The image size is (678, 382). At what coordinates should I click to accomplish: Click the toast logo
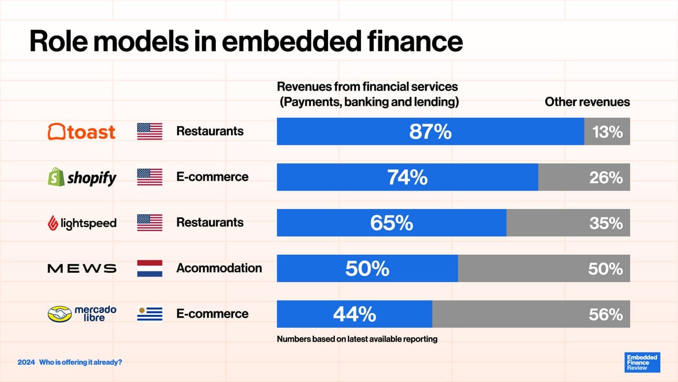(x=81, y=131)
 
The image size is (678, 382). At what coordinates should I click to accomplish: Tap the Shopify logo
(x=81, y=178)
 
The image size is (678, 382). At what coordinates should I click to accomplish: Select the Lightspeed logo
(x=81, y=223)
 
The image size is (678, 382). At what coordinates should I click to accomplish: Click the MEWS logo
(x=81, y=269)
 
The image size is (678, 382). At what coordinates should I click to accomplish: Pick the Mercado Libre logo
(x=81, y=314)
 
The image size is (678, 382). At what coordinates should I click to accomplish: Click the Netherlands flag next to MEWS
(x=150, y=269)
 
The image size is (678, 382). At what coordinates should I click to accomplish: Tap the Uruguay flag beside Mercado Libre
(x=150, y=314)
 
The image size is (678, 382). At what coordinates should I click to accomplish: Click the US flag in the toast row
(x=150, y=131)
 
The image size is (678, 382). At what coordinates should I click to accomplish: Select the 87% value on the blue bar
(x=430, y=132)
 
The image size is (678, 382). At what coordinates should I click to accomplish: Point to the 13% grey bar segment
(x=607, y=132)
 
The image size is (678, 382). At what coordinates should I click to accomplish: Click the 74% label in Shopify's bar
(x=407, y=178)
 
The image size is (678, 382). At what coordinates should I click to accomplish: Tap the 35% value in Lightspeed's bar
(x=606, y=223)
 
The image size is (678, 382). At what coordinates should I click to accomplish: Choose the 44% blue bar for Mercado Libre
(x=355, y=314)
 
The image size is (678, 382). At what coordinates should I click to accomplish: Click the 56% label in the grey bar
(x=606, y=314)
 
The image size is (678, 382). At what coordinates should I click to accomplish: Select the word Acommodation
(x=219, y=268)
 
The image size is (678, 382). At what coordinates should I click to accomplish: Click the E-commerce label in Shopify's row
(x=212, y=177)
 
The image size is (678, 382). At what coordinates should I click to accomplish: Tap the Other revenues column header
(x=587, y=102)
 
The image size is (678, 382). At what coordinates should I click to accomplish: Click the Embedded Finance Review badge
(x=643, y=363)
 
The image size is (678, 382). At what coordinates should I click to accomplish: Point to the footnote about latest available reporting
(x=357, y=339)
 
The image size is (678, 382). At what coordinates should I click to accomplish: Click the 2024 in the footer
(x=26, y=363)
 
